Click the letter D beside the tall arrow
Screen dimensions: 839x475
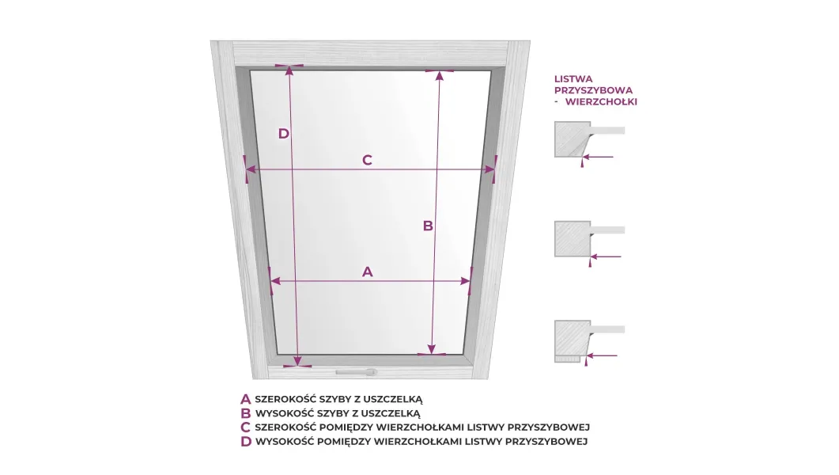284,134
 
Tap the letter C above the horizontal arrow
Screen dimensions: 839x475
367,160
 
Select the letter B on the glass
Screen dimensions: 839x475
428,226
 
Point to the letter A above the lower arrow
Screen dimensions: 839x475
367,272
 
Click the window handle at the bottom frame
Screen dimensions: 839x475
357,372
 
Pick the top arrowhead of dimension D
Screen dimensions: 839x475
289,70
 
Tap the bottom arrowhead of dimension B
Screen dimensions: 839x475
432,349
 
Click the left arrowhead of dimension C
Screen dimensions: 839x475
251,169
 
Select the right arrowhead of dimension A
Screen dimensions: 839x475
465,281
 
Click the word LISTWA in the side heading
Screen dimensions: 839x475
573,79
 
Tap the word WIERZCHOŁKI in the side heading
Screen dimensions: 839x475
601,102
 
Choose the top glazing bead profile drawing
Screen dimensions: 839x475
589,140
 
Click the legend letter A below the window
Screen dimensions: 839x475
246,399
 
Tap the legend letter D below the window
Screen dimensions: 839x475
246,442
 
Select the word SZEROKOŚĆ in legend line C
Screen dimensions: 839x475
285,427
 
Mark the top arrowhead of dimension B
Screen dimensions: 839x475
440,75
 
